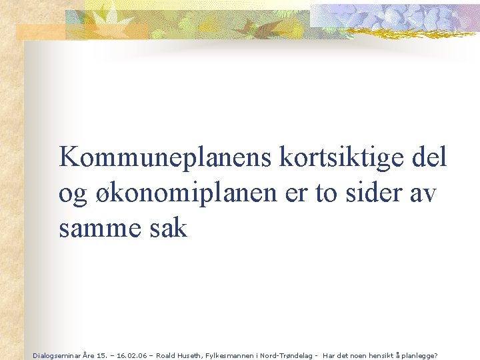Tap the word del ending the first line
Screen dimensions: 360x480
point(429,158)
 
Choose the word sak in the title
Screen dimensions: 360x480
point(169,229)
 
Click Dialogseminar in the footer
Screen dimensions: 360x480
point(55,355)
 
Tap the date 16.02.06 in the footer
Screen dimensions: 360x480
point(133,355)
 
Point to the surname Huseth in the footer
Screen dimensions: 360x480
point(193,355)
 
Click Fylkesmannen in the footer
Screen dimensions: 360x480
point(231,355)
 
